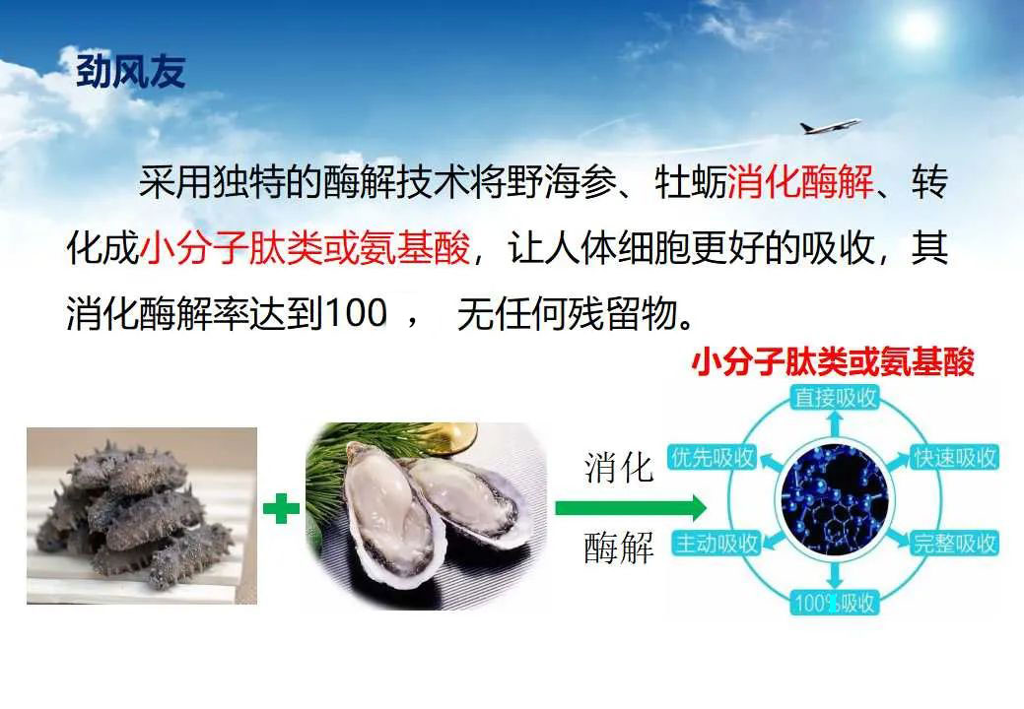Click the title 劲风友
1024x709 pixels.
(130, 72)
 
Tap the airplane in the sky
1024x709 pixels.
(829, 126)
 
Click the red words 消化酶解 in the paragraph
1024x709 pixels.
(801, 184)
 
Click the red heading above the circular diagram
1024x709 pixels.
(833, 363)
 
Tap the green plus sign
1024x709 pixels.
(281, 509)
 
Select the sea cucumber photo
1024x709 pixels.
(142, 515)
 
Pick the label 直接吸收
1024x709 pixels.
(835, 398)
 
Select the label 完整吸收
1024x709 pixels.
(954, 543)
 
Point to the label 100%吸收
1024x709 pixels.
(833, 603)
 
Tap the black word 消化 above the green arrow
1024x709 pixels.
(619, 468)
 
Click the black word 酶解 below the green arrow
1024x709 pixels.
(619, 549)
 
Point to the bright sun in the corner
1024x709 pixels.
(919, 30)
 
